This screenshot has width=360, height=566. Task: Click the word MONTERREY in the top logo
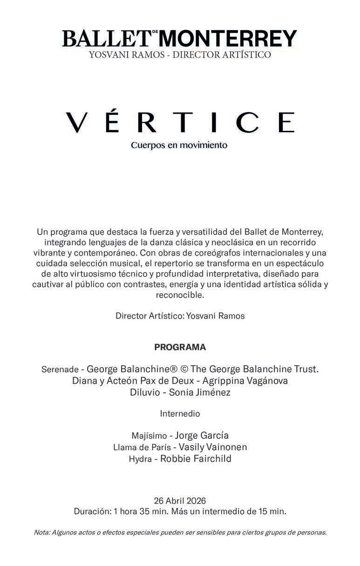click(231, 38)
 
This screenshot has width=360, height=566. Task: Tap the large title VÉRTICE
click(180, 122)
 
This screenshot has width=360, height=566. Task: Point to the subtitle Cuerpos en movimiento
click(179, 145)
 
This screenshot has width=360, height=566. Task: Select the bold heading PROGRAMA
click(180, 347)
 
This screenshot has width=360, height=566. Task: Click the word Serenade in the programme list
click(60, 370)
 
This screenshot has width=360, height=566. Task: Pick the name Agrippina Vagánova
click(245, 381)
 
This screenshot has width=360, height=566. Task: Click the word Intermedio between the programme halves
click(180, 413)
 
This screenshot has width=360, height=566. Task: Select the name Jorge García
click(202, 436)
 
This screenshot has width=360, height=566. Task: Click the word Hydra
click(140, 459)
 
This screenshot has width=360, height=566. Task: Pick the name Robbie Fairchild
click(196, 458)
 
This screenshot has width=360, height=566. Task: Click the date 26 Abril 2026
click(180, 501)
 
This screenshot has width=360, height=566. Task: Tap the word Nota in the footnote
click(41, 532)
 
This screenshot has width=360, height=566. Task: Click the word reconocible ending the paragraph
click(180, 295)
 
